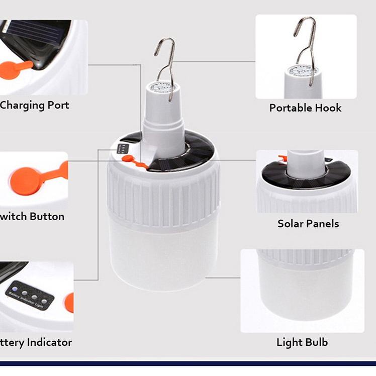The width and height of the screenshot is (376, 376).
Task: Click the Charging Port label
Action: (34, 106)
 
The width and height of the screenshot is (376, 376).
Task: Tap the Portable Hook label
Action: (305, 108)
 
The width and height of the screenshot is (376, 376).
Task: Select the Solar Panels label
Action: (308, 223)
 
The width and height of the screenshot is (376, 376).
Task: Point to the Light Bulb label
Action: (302, 342)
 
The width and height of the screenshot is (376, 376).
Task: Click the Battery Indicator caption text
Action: (36, 342)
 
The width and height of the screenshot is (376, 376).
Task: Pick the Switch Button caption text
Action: (33, 217)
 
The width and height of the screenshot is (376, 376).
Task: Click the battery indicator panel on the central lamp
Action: (123, 149)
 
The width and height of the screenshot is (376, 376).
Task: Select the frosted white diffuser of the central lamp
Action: (163, 251)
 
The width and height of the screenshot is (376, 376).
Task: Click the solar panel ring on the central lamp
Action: (199, 153)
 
